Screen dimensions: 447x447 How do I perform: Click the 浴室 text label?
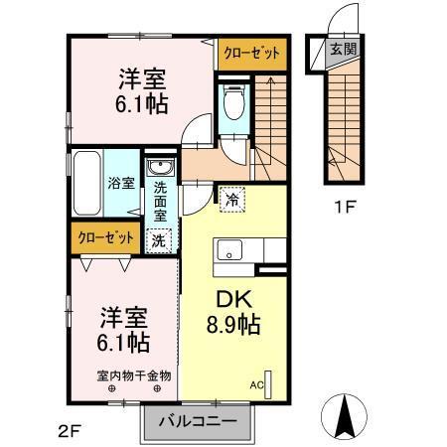120,183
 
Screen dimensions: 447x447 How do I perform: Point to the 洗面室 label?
159,204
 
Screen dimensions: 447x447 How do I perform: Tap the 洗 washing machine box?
159,238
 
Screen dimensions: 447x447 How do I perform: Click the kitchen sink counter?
235,252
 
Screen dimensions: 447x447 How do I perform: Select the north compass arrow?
346,417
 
